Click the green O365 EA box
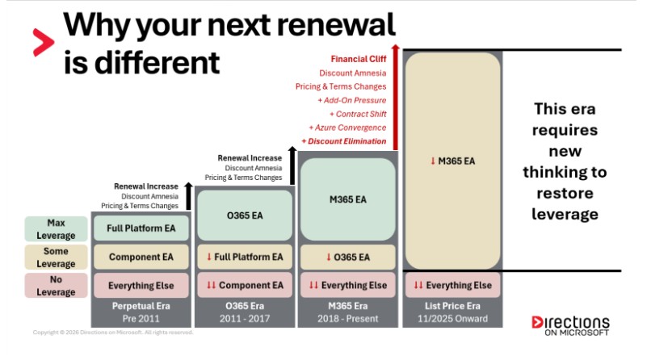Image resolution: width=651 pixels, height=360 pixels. pos(245,215)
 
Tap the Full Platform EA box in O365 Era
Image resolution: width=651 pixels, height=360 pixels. pos(245,257)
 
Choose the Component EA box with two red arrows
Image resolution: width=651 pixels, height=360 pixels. pos(245,286)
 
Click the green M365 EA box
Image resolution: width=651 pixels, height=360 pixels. pos(348,199)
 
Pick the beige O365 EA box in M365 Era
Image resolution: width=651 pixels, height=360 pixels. pos(348,257)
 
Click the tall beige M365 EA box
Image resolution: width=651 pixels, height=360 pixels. pos(451,161)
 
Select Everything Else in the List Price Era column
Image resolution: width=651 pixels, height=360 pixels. pos(451,286)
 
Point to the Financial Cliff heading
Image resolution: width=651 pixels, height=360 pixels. pos(358,59)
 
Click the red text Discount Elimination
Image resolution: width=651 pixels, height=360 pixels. pos(343,141)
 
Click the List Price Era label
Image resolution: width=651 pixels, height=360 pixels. pos(451,307)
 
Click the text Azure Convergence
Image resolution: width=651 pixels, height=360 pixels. pos(347,128)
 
